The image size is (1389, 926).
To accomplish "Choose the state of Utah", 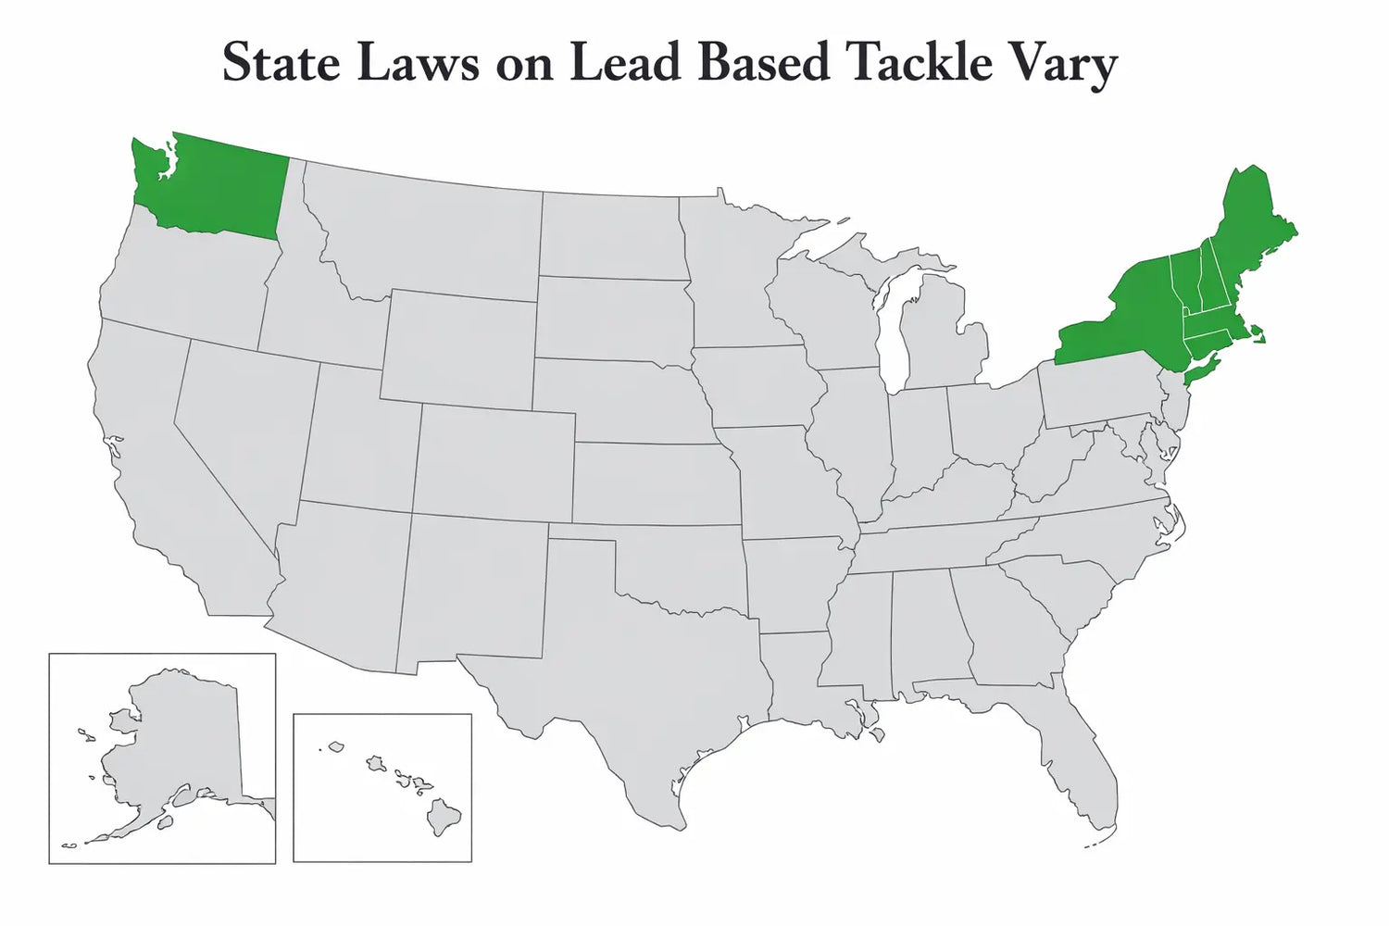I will coord(357,435).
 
